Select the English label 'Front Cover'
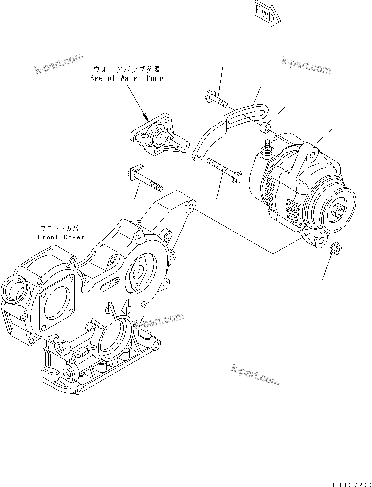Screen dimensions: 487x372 61,237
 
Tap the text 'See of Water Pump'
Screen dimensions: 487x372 126,78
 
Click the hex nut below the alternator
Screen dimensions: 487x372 336,247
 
